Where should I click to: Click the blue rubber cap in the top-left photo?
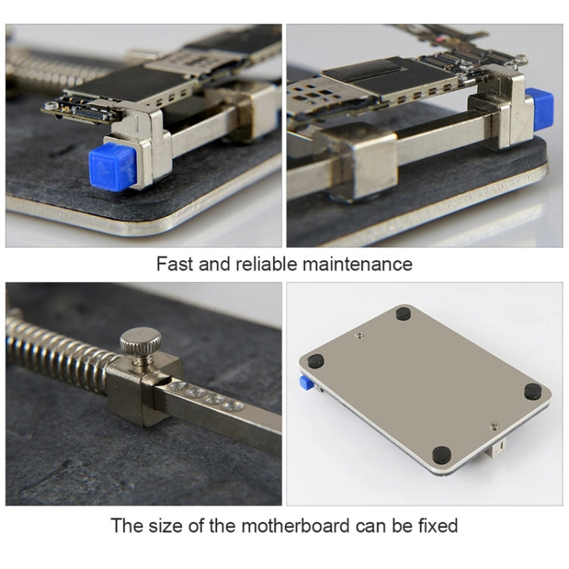tap(112, 165)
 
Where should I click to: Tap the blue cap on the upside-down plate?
tap(307, 382)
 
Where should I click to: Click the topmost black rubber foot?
tap(404, 313)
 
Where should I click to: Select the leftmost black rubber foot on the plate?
tap(316, 361)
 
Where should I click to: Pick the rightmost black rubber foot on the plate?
tap(533, 391)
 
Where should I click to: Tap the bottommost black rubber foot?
tap(442, 454)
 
